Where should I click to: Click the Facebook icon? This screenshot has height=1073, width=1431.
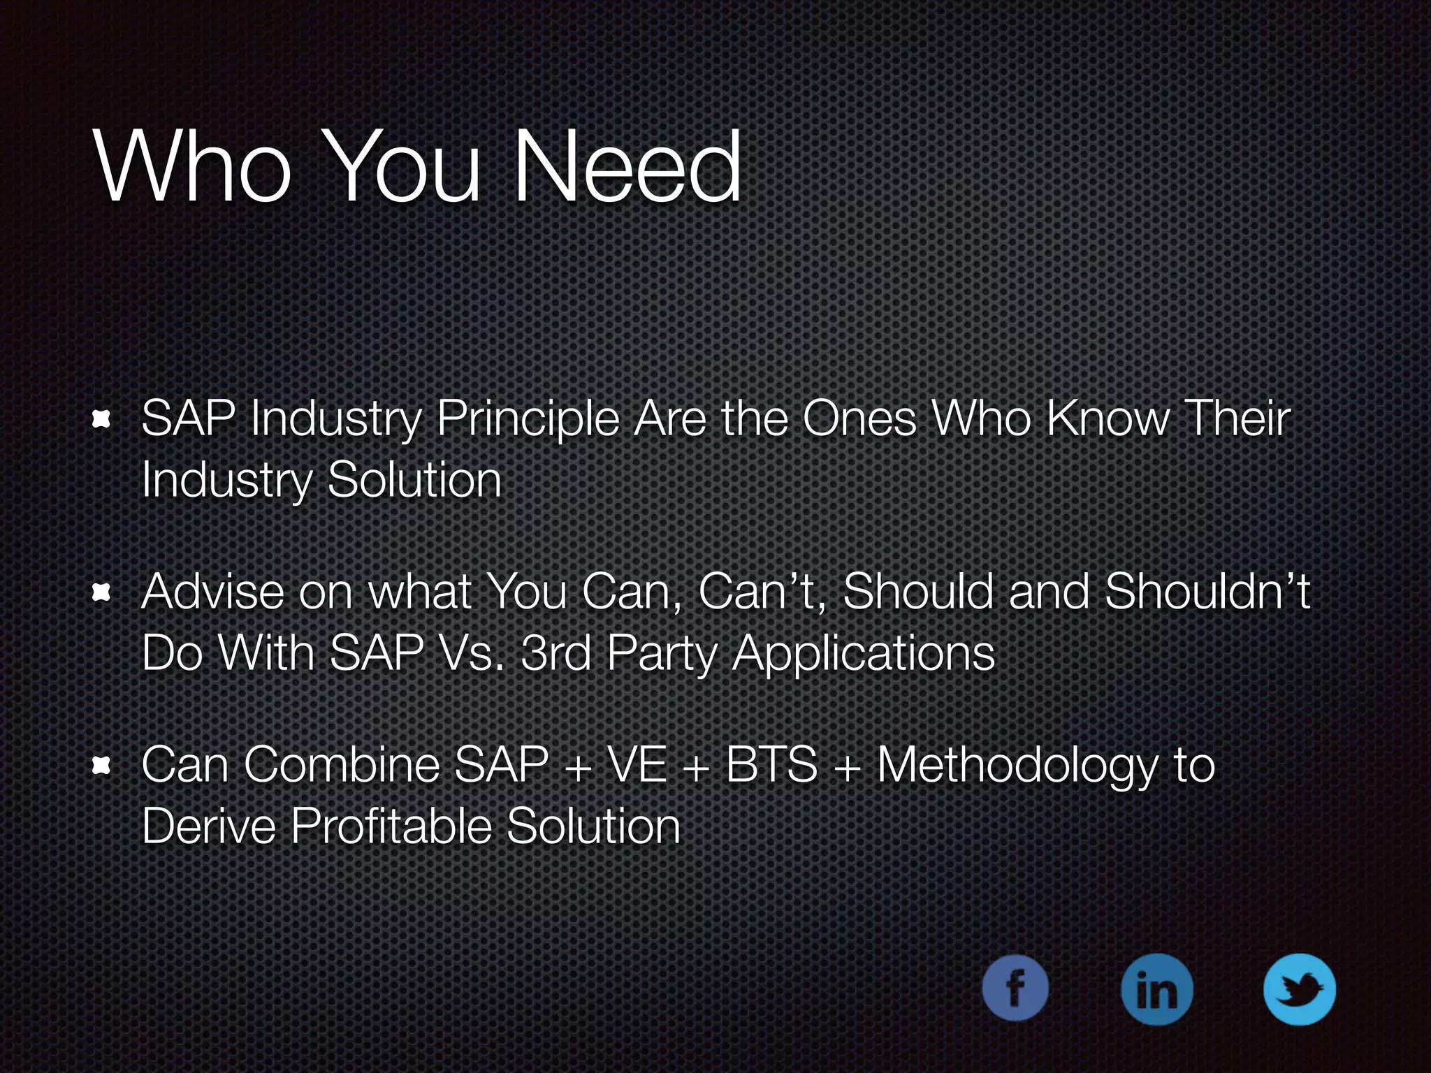click(x=1015, y=988)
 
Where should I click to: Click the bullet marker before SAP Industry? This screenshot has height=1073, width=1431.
click(x=102, y=419)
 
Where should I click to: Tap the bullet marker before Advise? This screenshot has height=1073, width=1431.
click(x=102, y=592)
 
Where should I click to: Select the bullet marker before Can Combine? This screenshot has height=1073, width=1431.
click(x=102, y=766)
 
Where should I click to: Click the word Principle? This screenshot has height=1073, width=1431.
click(x=528, y=421)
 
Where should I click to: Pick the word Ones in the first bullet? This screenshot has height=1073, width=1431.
click(x=859, y=419)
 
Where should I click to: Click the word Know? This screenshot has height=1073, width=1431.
click(x=1107, y=419)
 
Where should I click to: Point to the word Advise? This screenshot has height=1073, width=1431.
click(x=212, y=592)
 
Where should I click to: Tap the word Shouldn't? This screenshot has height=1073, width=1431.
click(x=1207, y=591)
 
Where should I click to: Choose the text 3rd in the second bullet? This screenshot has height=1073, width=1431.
click(x=556, y=653)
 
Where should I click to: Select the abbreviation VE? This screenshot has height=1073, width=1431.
click(x=637, y=765)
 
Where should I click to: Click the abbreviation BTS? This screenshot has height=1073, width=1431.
click(x=772, y=765)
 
